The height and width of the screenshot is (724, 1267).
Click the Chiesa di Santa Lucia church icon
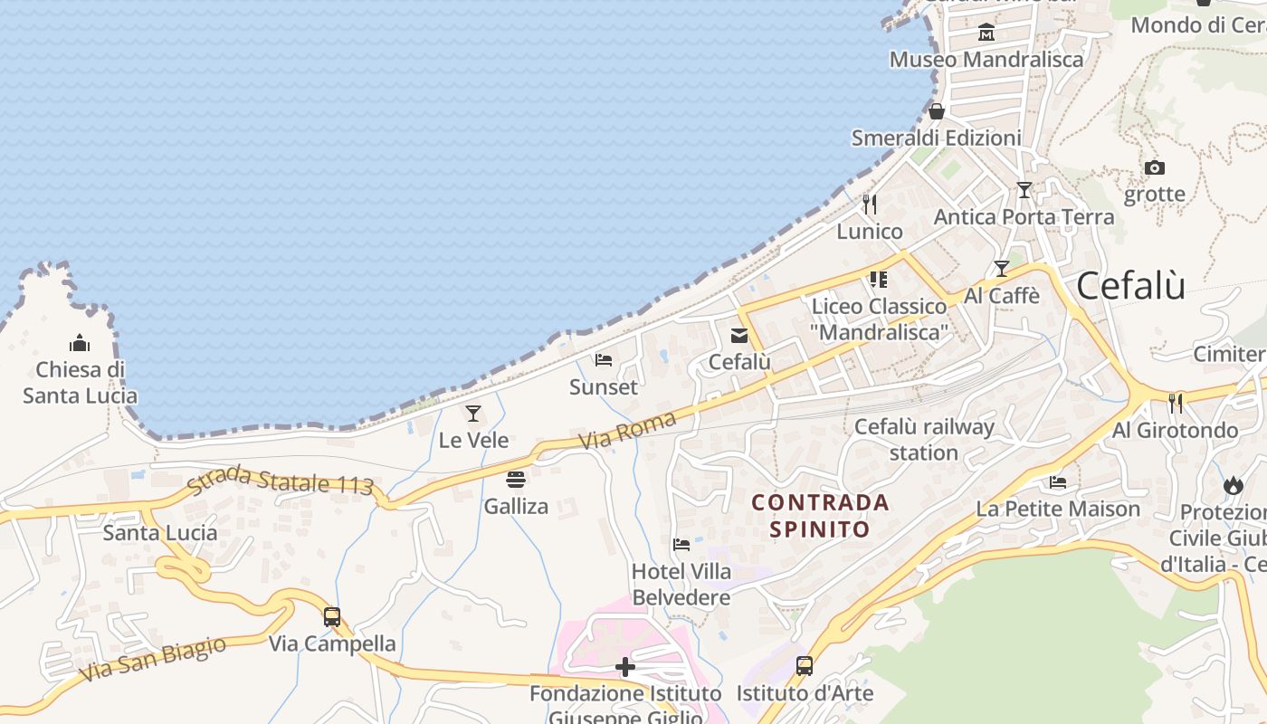point(80,343)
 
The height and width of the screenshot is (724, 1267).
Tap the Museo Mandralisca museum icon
point(986,33)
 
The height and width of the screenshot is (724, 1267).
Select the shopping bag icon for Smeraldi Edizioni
point(937,111)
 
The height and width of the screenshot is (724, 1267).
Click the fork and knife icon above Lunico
point(870,205)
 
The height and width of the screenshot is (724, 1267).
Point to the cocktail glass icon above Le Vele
point(473,414)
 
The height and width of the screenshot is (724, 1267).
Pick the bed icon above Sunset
point(604,360)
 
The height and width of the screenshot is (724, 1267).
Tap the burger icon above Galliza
point(516,479)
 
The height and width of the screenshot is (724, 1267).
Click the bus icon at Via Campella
point(332,617)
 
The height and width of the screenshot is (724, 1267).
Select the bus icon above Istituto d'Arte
point(805,666)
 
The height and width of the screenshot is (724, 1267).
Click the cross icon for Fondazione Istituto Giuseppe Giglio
point(624,668)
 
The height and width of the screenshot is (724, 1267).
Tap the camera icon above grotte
point(1154,167)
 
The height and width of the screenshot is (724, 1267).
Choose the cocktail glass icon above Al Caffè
point(1001,269)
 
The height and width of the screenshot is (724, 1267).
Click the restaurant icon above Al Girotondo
point(1176,403)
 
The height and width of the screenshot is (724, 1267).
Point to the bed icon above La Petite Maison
point(1058,481)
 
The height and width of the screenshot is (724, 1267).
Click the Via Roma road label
point(627,431)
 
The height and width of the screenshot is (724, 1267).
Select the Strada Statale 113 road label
point(281,481)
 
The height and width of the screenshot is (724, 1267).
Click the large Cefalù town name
point(1131,286)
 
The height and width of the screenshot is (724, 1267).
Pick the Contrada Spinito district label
point(820,515)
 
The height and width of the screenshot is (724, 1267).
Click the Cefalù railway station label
point(924,439)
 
